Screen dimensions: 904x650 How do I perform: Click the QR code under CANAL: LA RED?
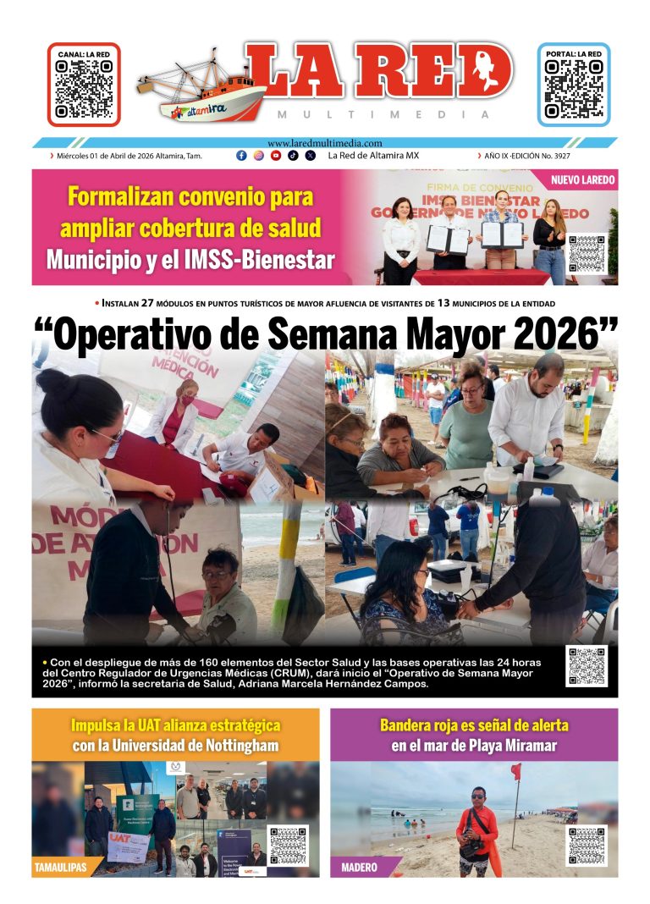pos(83,89)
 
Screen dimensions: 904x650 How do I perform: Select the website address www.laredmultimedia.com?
pos(325,143)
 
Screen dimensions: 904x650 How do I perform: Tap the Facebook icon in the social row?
pos(241,156)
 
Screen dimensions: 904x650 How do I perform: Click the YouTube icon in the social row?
pos(276,156)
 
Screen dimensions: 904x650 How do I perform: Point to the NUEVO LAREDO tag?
pos(582,180)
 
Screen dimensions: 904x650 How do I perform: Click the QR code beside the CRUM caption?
pos(587,666)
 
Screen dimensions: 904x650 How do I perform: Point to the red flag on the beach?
pos(515,772)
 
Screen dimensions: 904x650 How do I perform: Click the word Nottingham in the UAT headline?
pos(230,746)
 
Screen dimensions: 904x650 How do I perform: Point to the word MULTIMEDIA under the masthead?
pos(383,114)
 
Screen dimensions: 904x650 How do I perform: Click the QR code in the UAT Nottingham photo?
pos(289,846)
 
